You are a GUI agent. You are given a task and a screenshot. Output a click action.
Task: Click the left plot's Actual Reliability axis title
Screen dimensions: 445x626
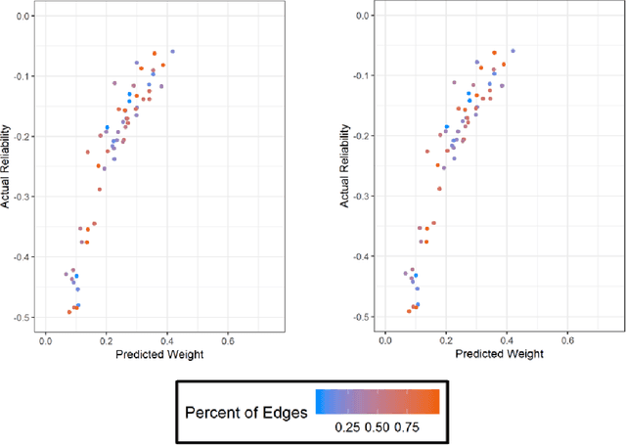10,165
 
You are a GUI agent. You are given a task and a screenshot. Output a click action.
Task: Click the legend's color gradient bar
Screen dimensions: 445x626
378,401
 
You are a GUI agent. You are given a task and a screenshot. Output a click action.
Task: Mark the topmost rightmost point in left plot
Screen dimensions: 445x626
173,51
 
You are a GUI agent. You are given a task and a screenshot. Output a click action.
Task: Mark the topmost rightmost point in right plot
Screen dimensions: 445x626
513,51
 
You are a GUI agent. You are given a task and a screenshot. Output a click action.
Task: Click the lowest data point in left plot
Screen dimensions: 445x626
69,311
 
